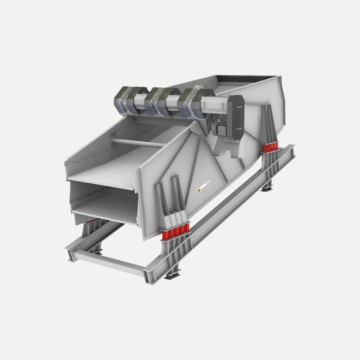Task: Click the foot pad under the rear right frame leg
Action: tap(268, 188)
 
